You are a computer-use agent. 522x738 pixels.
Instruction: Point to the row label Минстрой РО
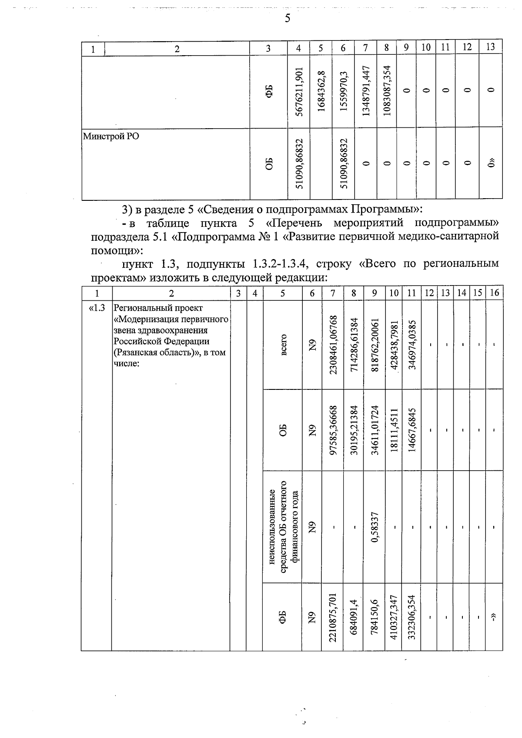click(x=111, y=136)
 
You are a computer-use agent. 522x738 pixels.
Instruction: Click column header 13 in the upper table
click(x=490, y=47)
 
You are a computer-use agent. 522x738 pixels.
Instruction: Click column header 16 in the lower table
click(x=494, y=293)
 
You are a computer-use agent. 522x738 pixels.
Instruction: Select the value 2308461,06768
click(x=333, y=345)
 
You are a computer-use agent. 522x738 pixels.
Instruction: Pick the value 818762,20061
click(x=375, y=345)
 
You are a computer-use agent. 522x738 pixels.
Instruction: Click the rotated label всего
click(x=283, y=345)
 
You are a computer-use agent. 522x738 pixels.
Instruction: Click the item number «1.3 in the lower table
click(x=97, y=308)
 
